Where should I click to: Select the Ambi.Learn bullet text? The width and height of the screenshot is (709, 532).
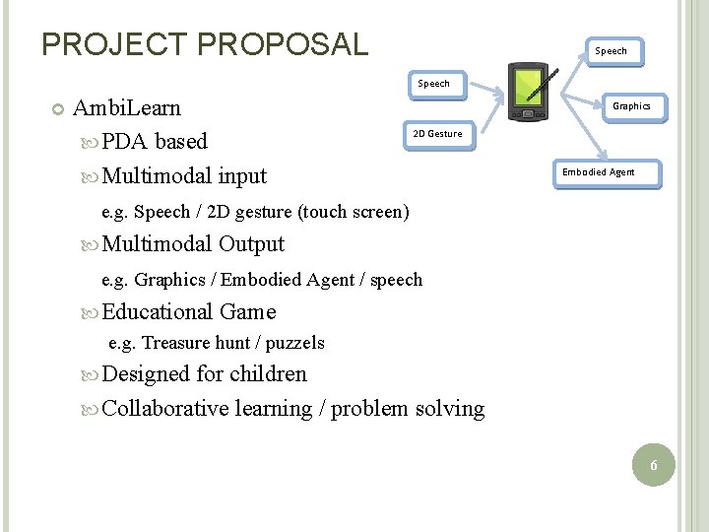127,106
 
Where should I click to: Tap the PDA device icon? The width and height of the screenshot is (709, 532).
529,92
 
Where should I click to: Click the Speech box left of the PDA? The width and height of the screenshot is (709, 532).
433,84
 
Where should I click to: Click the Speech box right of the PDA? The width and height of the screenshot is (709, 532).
611,51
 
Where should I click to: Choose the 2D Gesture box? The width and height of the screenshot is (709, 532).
437,134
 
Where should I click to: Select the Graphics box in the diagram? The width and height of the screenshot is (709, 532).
631,106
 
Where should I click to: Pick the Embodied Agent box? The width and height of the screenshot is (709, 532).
598,172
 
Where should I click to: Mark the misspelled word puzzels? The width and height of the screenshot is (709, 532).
292,343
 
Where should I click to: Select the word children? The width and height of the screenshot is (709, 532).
268,374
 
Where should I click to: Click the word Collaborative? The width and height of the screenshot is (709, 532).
165,408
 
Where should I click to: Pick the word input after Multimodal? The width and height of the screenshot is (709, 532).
242,176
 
